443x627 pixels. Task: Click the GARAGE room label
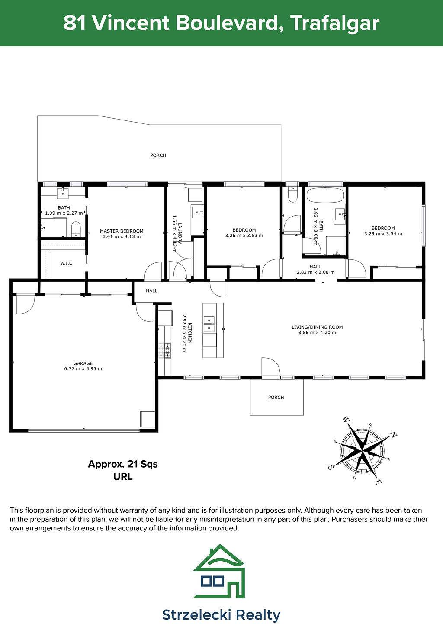(x=83, y=363)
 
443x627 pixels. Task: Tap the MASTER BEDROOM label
(x=122, y=231)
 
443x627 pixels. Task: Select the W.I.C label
(x=66, y=263)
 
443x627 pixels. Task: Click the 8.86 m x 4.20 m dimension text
(x=317, y=333)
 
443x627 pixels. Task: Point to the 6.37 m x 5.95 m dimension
(x=83, y=368)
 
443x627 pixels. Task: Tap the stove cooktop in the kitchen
(x=165, y=350)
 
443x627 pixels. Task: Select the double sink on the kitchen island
(x=209, y=324)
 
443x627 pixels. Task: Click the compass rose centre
(x=362, y=451)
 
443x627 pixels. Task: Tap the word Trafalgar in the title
(x=335, y=23)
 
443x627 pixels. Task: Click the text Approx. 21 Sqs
(x=123, y=464)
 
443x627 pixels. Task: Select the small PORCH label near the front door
(x=276, y=397)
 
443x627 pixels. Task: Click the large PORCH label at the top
(x=158, y=155)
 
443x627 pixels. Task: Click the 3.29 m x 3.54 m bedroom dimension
(x=383, y=233)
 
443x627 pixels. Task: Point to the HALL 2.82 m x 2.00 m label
(x=315, y=269)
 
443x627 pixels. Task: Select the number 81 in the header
(x=74, y=23)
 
